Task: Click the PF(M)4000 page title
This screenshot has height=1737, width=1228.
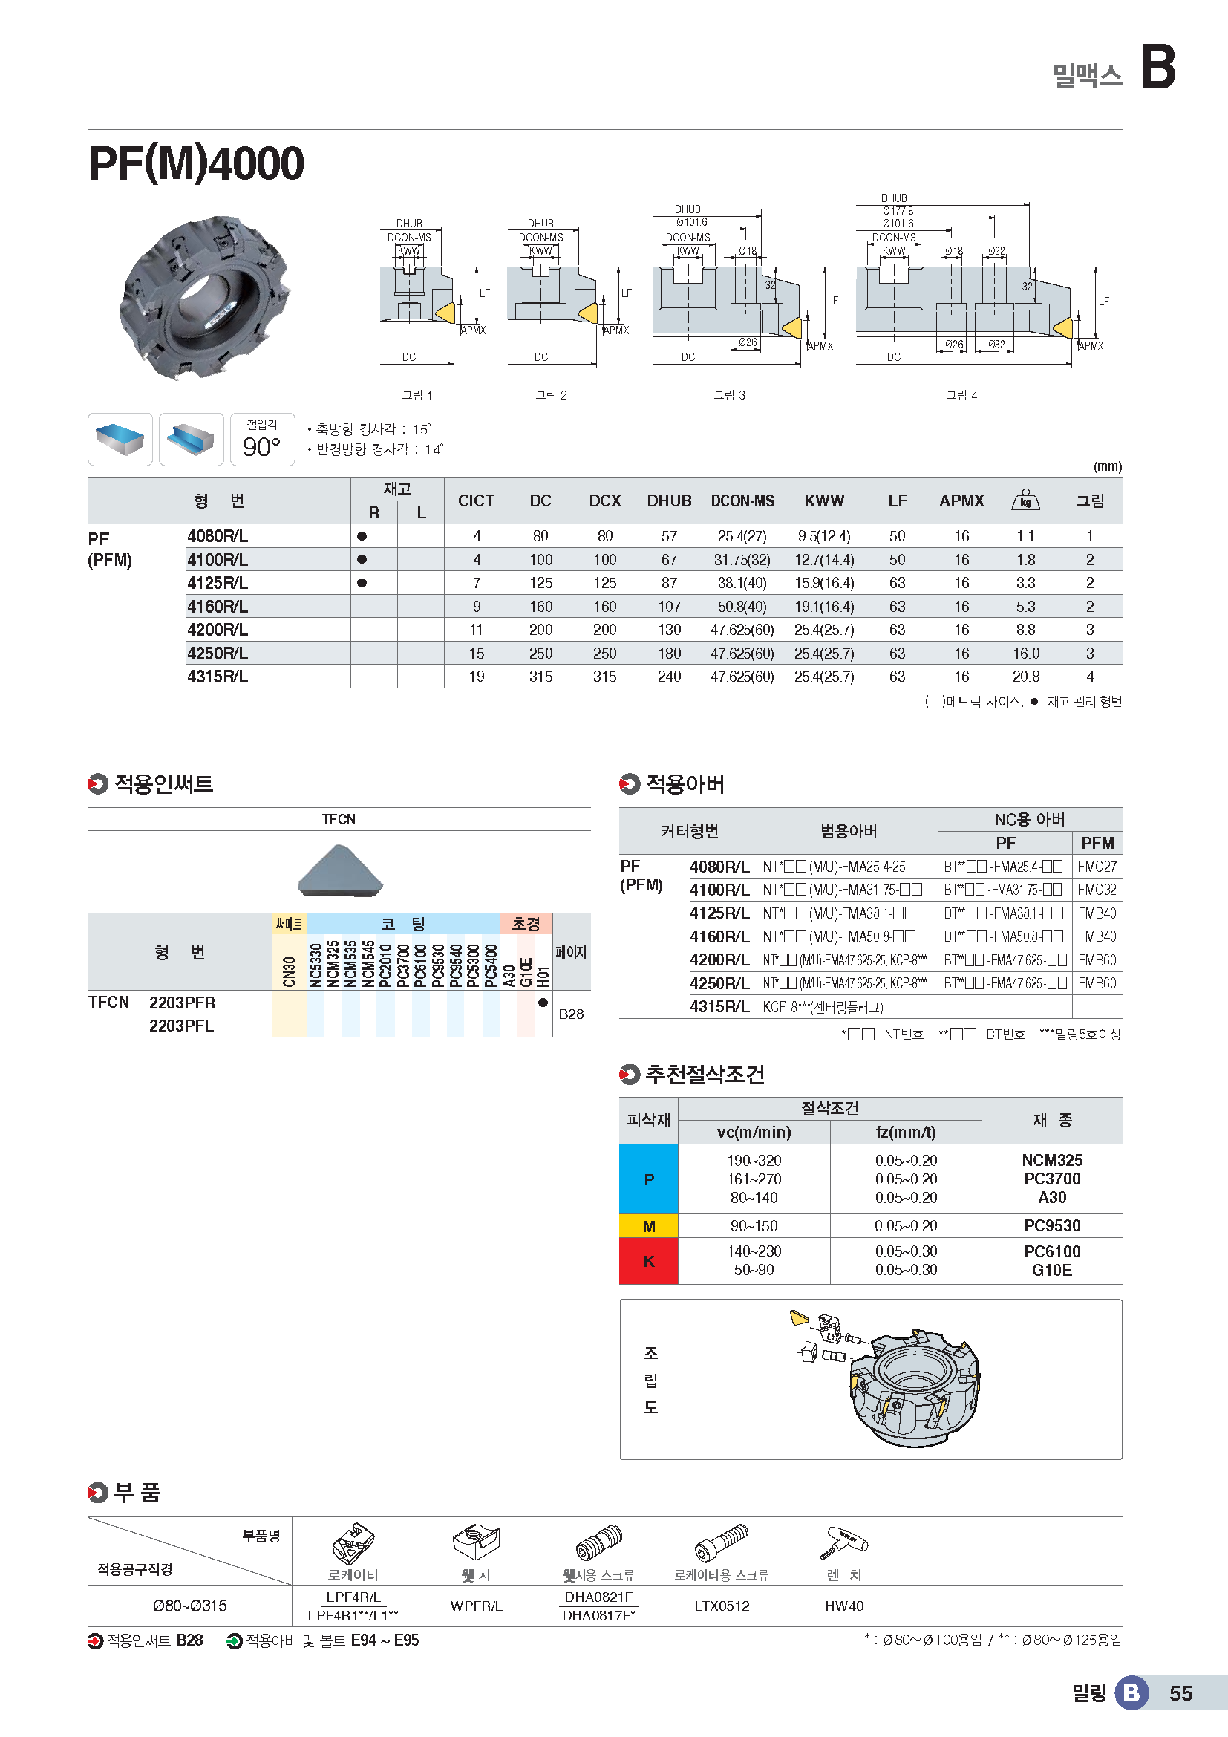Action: [x=197, y=163]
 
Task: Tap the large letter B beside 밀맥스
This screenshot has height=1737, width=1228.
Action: [x=1157, y=68]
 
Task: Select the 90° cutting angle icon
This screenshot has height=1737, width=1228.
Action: [x=261, y=440]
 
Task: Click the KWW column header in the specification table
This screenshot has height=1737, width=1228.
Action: [x=823, y=501]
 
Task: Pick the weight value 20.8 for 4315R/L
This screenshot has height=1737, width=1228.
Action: [x=1025, y=677]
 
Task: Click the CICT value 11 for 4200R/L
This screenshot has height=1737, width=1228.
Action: [x=477, y=630]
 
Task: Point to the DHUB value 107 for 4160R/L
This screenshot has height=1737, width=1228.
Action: [x=669, y=607]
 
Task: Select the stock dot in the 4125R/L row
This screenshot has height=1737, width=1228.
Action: [x=362, y=583]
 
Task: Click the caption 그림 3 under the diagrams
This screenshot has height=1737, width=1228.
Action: [x=729, y=395]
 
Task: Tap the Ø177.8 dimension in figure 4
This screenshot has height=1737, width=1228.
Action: [x=898, y=211]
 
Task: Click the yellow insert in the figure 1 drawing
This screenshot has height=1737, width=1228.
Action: [x=445, y=313]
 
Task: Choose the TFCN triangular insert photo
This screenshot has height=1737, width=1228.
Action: [x=340, y=872]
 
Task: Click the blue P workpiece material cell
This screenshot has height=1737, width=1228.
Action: [x=649, y=1179]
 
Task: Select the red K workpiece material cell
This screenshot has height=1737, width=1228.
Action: [x=649, y=1261]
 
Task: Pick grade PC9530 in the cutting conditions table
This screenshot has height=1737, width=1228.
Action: [x=1052, y=1225]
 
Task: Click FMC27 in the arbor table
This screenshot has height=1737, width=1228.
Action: [x=1097, y=867]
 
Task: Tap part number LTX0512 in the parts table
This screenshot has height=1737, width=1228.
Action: [x=722, y=1606]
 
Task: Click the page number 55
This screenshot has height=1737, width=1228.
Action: [x=1180, y=1693]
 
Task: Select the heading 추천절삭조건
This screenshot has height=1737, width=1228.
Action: [x=705, y=1075]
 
